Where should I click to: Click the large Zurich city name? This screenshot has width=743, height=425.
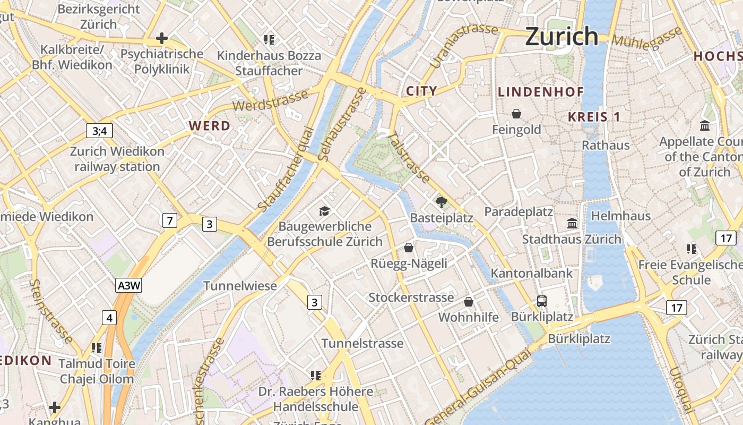561,37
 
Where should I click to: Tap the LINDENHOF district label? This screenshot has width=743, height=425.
541,92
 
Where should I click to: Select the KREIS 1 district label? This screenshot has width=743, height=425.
594,117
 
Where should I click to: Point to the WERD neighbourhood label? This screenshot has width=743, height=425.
210,126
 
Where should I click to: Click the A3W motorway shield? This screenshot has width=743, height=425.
129,286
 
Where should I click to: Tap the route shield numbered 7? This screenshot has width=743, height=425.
169,220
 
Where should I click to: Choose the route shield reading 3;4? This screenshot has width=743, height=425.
99,131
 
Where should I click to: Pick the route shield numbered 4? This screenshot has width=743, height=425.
109,318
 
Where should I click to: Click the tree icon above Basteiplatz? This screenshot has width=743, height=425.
441,202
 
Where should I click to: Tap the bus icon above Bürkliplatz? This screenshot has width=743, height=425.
542,301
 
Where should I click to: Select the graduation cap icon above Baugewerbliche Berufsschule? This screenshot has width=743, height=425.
324,211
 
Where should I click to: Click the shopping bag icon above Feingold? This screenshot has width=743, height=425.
516,114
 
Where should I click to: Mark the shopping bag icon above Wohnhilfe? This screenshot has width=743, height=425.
469,302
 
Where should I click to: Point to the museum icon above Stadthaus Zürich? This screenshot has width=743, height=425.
572,224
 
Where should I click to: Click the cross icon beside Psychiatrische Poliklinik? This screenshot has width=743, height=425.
162,38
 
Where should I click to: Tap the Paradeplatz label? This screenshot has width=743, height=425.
519,212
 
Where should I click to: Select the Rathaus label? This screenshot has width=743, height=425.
606,145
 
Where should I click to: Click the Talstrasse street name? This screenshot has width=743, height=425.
409,158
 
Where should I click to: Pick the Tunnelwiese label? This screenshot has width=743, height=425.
240,286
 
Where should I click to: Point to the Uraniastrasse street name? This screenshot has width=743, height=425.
463,45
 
